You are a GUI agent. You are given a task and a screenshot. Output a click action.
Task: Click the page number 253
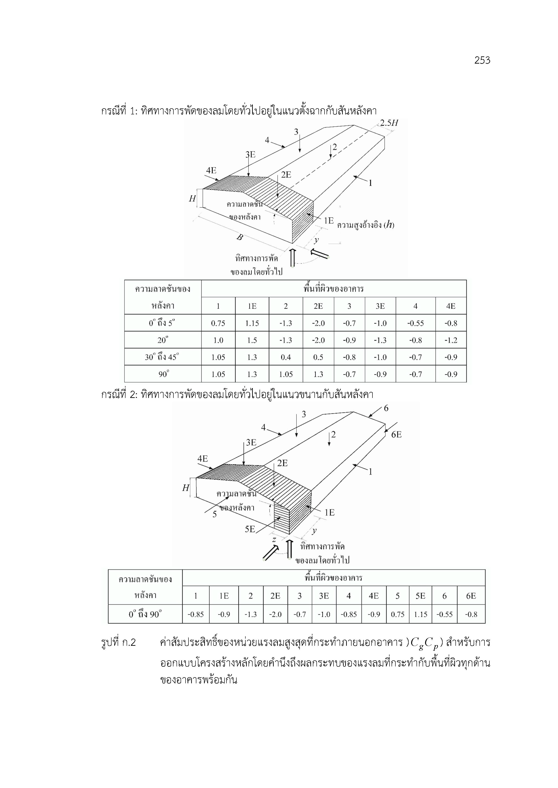click(482, 60)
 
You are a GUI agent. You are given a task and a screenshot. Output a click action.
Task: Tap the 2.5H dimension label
click(389, 123)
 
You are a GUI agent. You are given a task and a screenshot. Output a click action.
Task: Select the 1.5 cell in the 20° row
click(252, 340)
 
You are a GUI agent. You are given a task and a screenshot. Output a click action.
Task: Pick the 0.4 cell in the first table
click(286, 357)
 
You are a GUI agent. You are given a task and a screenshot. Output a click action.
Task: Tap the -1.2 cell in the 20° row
click(451, 340)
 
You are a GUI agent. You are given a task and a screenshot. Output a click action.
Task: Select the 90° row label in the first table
click(164, 374)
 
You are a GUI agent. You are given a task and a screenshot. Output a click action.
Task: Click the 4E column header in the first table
click(451, 306)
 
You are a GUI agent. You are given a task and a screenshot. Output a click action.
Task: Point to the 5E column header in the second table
click(420, 596)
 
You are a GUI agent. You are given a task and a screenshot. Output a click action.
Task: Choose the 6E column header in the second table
click(471, 596)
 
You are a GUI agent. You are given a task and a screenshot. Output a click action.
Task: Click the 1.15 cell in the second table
click(420, 614)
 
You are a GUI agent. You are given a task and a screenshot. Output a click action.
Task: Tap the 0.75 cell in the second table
click(398, 614)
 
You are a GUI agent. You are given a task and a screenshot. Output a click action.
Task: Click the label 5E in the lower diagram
click(250, 529)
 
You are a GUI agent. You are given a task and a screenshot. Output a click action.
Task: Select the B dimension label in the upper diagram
click(240, 237)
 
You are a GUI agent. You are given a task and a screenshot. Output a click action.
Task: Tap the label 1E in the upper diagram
click(328, 221)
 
